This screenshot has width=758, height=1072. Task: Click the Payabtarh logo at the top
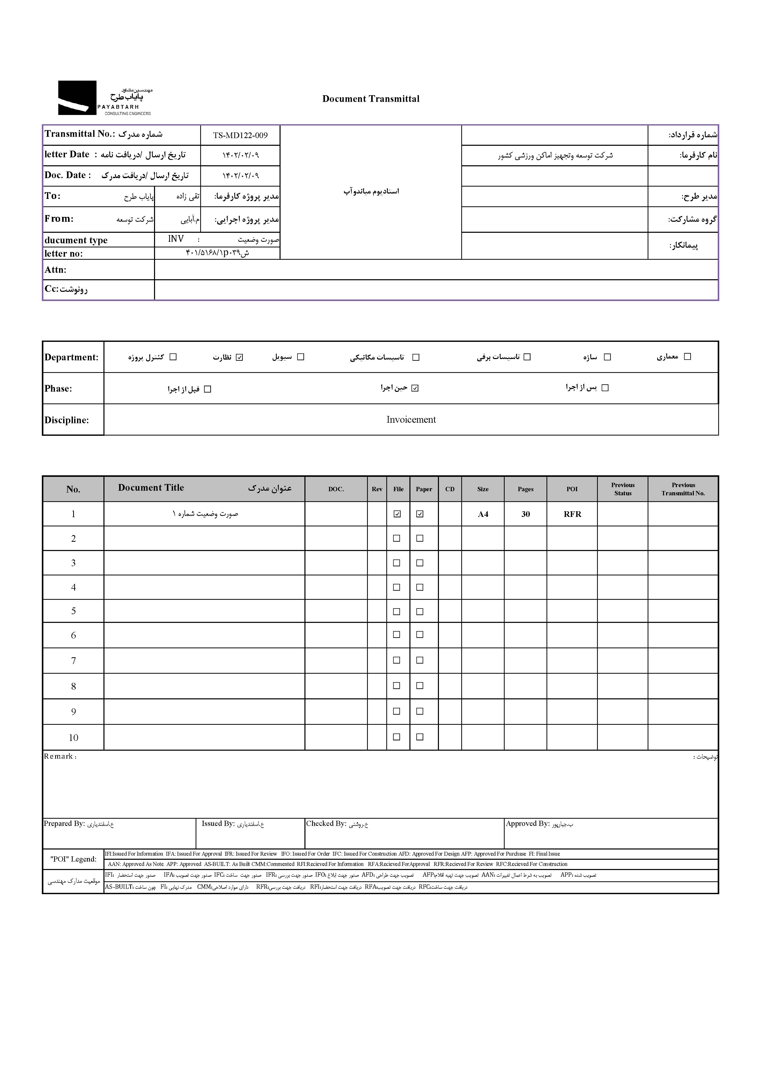[x=105, y=98]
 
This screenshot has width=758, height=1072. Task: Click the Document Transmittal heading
[x=371, y=99]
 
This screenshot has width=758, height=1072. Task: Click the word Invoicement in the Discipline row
[x=411, y=420]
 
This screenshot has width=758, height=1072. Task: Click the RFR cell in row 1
[x=572, y=514]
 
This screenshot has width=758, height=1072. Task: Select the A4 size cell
[x=483, y=514]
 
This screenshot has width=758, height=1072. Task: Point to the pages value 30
[x=525, y=514]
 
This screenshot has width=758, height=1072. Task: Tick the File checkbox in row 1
[x=397, y=514]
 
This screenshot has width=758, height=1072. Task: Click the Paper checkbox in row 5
[x=420, y=612]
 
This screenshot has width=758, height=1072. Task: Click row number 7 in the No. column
[x=73, y=661]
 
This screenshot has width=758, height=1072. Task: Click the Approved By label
[x=527, y=824]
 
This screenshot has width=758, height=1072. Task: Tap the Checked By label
[x=326, y=824]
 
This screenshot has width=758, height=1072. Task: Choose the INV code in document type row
[x=176, y=239]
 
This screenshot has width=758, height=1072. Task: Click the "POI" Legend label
[x=73, y=859]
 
